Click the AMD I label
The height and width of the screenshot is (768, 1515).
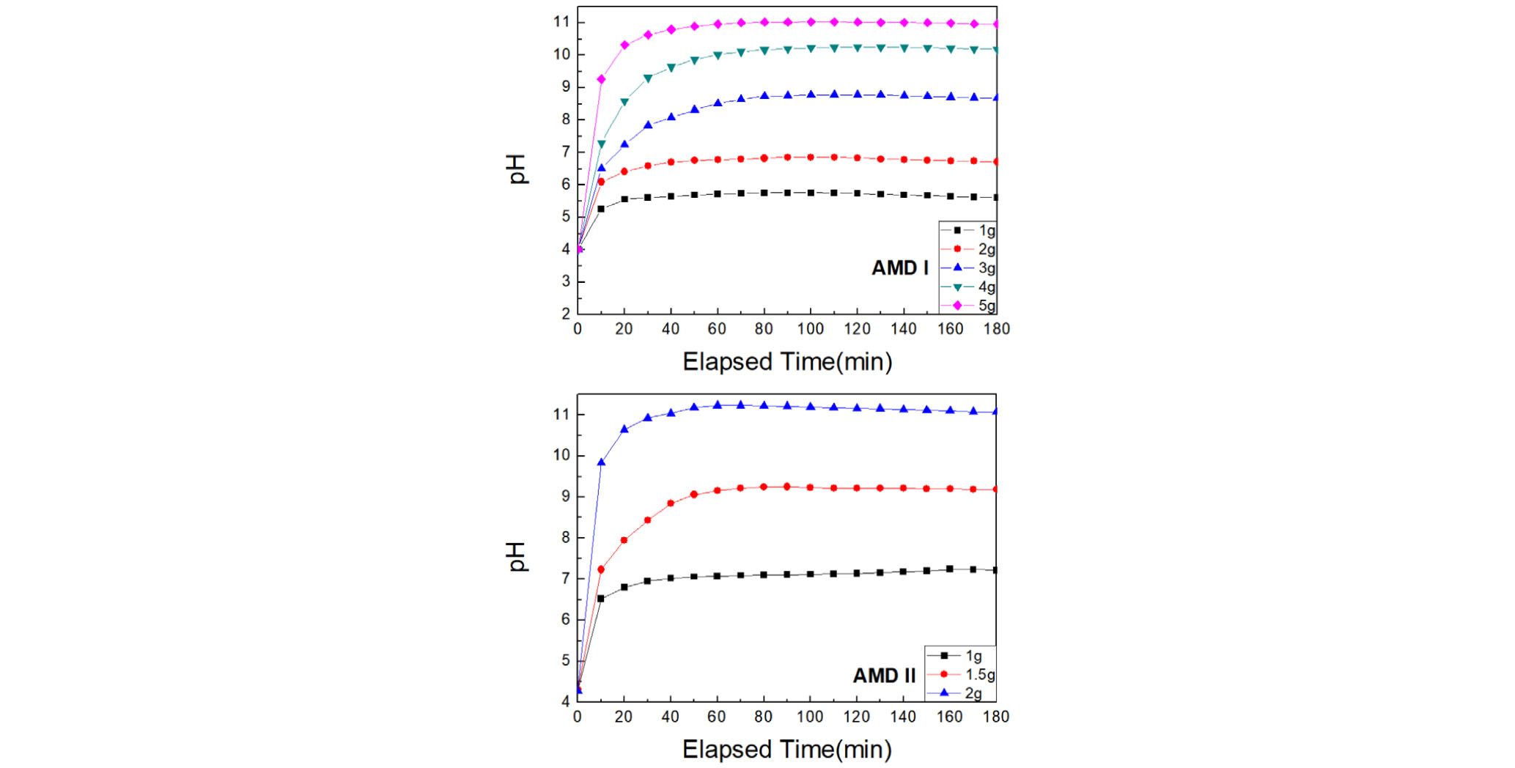click(899, 268)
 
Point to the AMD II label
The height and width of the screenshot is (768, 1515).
click(884, 676)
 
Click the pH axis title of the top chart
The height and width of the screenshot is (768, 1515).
click(517, 169)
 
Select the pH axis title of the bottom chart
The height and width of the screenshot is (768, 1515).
click(517, 557)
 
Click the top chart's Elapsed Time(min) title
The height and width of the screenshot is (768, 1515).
click(787, 362)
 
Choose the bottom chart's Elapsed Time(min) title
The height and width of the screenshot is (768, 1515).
click(786, 750)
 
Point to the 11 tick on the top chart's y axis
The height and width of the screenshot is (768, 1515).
click(561, 22)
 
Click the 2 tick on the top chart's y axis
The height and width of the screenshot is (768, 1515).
click(565, 314)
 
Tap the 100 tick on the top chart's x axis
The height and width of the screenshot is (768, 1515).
click(810, 329)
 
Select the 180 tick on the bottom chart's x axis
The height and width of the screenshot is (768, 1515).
click(995, 717)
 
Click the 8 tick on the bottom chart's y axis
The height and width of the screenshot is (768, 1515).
click(565, 538)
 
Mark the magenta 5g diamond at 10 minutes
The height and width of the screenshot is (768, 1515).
click(601, 79)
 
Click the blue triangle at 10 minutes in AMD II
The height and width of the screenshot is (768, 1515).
click(601, 462)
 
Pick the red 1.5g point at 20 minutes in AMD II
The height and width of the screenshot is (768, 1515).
click(624, 540)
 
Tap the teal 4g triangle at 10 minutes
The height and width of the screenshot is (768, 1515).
click(601, 144)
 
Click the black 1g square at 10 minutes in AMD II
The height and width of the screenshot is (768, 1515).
click(601, 599)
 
